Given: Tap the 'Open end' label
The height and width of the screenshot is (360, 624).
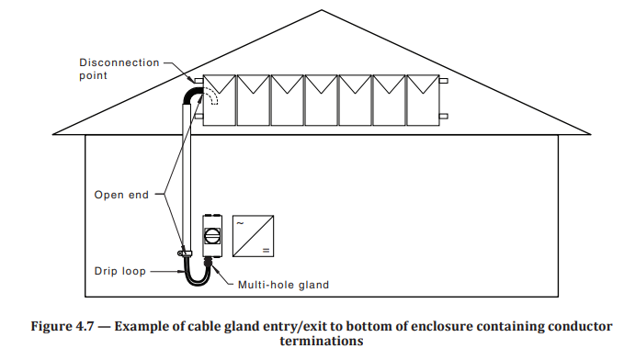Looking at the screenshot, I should (x=122, y=195).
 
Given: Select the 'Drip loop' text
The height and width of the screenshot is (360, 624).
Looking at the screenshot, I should (x=119, y=271).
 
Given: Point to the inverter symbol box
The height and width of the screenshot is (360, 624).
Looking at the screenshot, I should (x=254, y=235).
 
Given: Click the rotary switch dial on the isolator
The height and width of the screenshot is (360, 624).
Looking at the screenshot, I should (x=210, y=234).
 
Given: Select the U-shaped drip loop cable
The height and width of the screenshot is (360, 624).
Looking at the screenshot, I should (x=196, y=275).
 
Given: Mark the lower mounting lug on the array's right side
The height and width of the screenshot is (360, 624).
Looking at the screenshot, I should (x=444, y=116).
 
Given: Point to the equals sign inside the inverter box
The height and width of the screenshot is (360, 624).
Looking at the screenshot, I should (x=266, y=249).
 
